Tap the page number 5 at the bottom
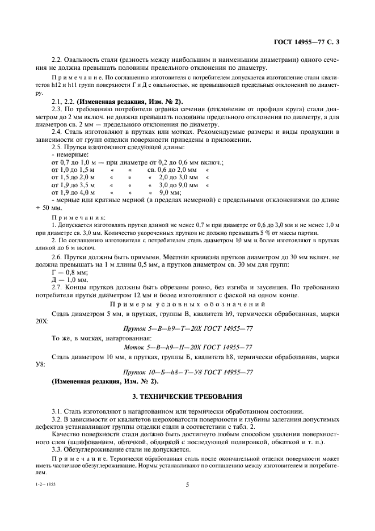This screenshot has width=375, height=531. (x=187, y=484)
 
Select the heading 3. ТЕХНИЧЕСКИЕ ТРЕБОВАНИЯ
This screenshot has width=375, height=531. (x=187, y=395)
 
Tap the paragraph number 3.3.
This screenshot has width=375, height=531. (x=56, y=448)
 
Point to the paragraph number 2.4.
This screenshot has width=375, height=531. (x=56, y=132)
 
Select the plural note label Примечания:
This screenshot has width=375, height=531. (x=78, y=217)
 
